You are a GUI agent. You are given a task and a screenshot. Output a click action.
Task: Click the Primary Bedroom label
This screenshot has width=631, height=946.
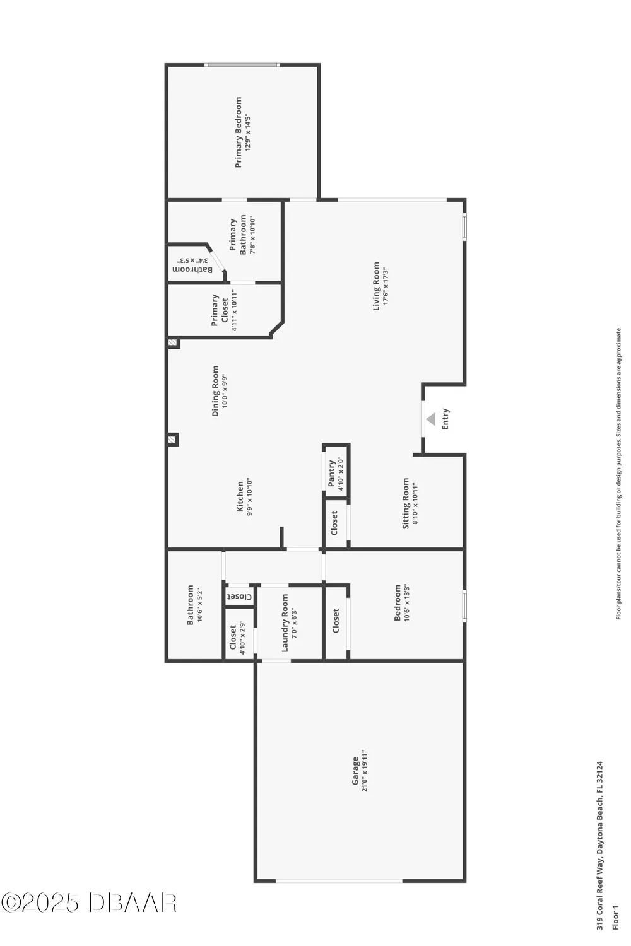point(239,132)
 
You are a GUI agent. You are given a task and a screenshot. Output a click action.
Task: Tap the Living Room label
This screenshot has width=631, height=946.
point(377,286)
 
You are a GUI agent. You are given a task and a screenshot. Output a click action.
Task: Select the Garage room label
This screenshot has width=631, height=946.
point(356,771)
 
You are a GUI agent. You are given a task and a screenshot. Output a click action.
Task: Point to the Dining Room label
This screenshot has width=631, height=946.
point(215,391)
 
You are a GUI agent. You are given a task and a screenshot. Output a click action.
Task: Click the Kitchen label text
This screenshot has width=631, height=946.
point(240,497)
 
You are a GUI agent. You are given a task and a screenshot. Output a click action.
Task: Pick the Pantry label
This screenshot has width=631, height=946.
point(332,473)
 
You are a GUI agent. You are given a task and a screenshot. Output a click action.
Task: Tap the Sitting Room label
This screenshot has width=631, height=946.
point(406,503)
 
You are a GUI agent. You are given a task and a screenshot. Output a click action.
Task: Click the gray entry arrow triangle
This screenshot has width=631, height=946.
point(431,419)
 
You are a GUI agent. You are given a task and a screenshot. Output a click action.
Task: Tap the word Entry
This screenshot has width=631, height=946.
point(445,419)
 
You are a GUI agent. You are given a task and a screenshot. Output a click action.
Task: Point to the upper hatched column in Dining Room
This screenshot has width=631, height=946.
point(172,343)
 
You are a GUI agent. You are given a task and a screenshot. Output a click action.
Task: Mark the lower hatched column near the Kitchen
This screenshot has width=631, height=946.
point(172,440)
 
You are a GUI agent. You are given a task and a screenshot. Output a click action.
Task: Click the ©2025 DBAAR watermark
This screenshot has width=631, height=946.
point(89,903)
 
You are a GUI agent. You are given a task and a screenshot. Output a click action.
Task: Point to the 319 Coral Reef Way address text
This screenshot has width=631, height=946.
point(600,845)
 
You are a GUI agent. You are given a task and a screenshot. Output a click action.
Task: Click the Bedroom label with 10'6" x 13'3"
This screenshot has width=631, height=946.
point(398,602)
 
